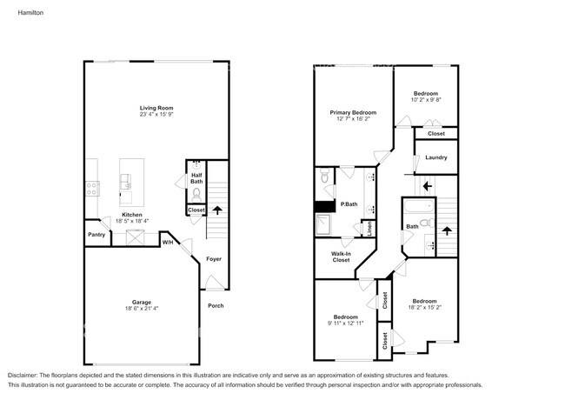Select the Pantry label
(96, 235)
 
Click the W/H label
(167, 243)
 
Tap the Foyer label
(213, 259)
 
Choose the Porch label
(216, 305)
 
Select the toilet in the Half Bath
(196, 193)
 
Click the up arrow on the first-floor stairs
(216, 210)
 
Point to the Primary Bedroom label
(353, 113)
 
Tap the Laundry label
(436, 157)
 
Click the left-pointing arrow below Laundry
(426, 185)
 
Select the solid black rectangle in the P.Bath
(324, 207)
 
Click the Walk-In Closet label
(341, 257)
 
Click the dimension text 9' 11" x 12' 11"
(346, 323)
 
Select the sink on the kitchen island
(127, 181)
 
